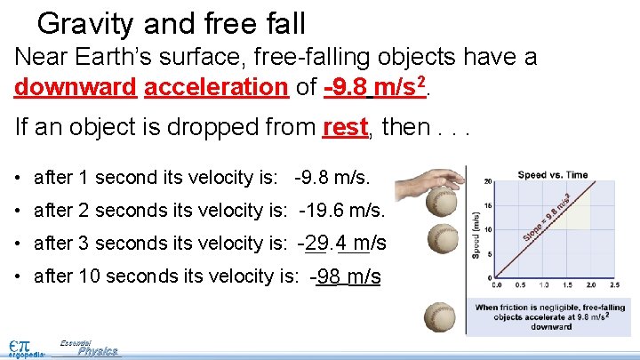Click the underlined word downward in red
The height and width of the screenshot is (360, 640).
[75, 87]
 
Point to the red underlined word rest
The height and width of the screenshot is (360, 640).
[345, 127]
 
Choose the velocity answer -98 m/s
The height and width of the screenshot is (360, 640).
[346, 276]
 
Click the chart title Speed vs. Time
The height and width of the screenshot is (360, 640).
[553, 175]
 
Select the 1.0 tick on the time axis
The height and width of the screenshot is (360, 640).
[544, 285]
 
